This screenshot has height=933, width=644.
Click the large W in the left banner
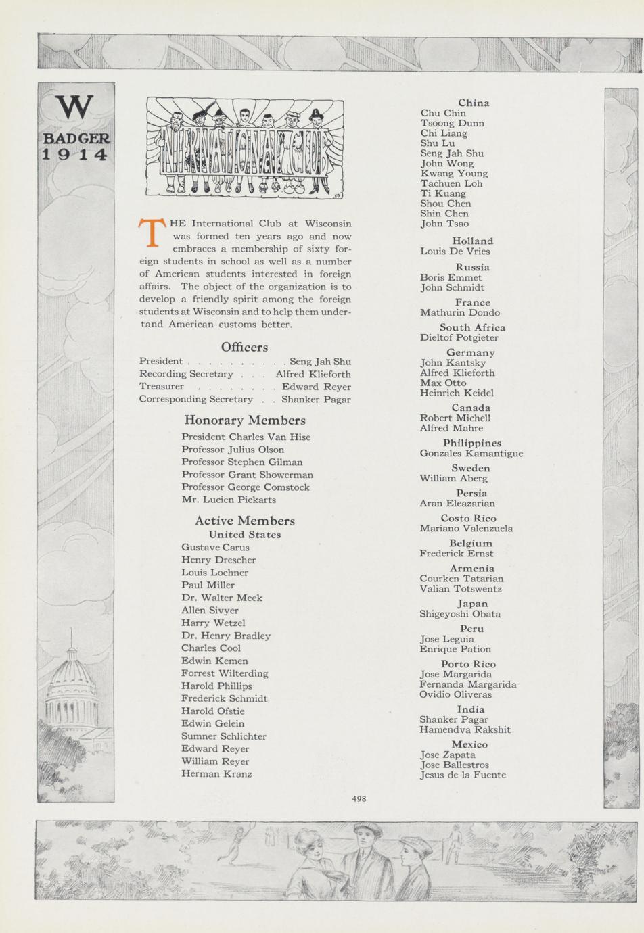[74, 107]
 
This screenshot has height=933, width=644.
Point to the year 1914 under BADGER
[75, 155]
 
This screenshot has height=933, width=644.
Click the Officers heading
[244, 347]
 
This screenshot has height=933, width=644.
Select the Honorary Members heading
[245, 420]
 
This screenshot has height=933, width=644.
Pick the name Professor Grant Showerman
[247, 475]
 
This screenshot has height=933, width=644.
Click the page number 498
[359, 798]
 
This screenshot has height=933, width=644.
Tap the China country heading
[474, 103]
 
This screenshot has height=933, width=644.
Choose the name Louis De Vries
[455, 252]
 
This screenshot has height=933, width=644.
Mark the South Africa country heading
[472, 327]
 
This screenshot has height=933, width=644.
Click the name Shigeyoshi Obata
[460, 614]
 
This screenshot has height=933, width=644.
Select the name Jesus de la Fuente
[463, 775]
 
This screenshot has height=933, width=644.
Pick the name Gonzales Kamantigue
[471, 453]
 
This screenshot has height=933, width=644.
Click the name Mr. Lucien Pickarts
[229, 500]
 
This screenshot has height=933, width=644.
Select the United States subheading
[244, 534]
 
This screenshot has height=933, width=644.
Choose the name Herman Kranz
[216, 773]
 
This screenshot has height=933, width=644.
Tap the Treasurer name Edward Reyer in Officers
[317, 387]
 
